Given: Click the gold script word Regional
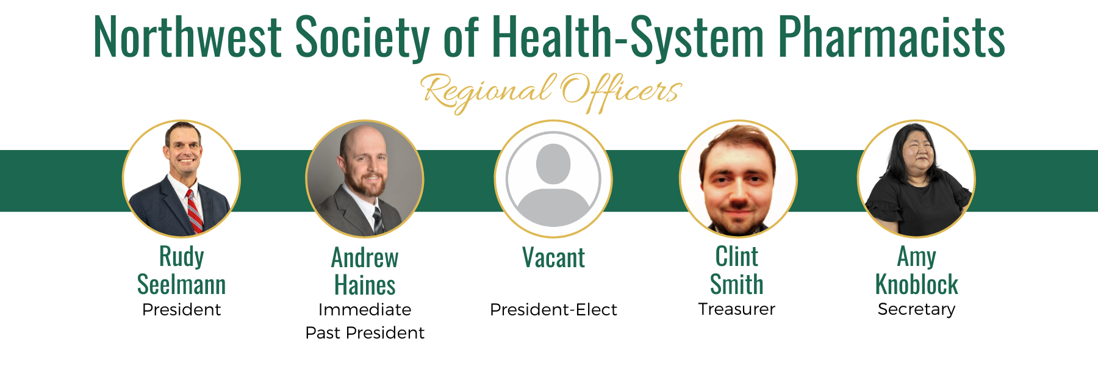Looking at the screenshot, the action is pos(489,93).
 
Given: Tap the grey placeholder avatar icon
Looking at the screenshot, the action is pos(553,179).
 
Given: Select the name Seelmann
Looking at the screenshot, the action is pos(181,284).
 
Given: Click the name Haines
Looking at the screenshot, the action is pos(365,285).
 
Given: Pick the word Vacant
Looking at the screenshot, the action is pos(553,257).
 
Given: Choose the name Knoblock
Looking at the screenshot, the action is pos(916,284).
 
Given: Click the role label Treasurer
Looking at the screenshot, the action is pos(736,309).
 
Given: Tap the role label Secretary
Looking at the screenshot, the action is pos(916,310).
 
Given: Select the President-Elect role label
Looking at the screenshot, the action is pos(553,310).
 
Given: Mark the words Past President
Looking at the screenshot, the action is pos(365,333).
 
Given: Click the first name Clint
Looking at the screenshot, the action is pos(737,257).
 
